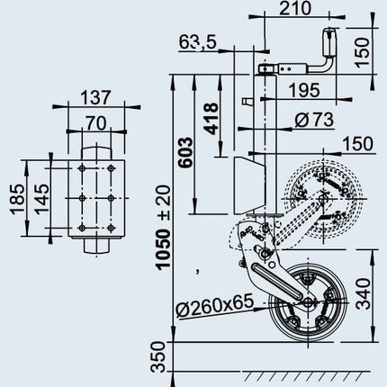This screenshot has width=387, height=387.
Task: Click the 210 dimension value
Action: point(295,8)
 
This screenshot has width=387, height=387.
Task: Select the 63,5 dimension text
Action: point(197,42)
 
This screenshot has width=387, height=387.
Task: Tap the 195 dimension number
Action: point(304,90)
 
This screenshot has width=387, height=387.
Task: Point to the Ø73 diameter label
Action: point(314,120)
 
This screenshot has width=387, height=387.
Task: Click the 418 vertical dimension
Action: point(211,119)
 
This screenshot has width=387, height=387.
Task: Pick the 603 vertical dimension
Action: point(185,152)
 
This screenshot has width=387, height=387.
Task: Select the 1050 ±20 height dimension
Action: point(164,227)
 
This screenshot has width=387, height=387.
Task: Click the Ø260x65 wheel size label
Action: point(214,306)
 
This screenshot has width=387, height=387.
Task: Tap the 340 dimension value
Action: point(364,293)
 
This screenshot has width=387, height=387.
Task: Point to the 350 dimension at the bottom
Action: point(158,357)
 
